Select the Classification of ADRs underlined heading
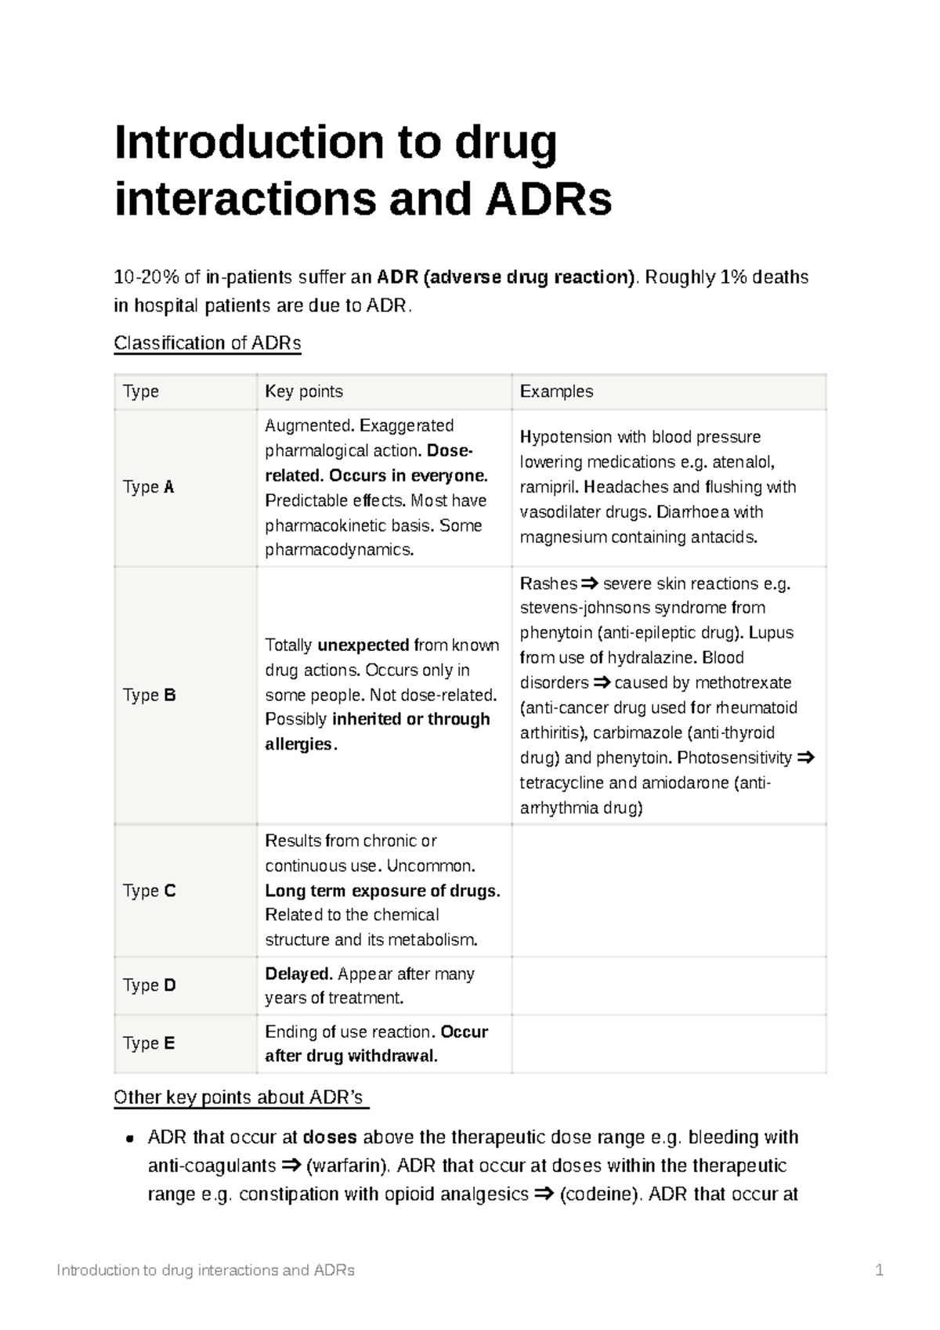[x=208, y=343]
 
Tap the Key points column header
[x=304, y=392]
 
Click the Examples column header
[x=556, y=392]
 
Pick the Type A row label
[x=149, y=487]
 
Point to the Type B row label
[x=149, y=696]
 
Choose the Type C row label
[x=149, y=891]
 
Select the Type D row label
[x=149, y=985]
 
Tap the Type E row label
[x=149, y=1043]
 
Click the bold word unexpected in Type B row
[x=363, y=645]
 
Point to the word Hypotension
[x=566, y=437]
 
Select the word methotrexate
[x=743, y=683]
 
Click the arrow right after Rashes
[x=589, y=584]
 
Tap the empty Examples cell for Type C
[x=669, y=891]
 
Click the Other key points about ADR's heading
[x=240, y=1097]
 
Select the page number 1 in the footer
[x=879, y=1270]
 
